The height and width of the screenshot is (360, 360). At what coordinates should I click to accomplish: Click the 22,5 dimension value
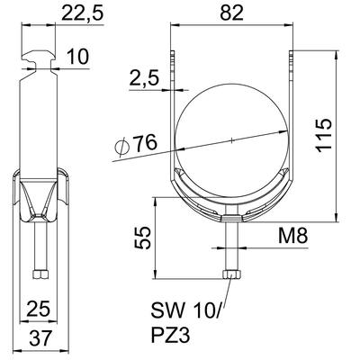(x=82, y=13)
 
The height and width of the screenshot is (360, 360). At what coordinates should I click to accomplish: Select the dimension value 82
(x=231, y=13)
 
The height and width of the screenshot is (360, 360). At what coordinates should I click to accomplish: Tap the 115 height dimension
(x=325, y=135)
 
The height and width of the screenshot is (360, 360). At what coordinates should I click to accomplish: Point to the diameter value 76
(x=145, y=142)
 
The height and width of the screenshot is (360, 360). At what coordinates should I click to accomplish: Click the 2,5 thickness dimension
(x=144, y=78)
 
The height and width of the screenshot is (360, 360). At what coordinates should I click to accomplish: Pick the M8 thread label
(x=292, y=236)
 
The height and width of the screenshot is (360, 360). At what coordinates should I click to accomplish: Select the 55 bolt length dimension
(x=141, y=238)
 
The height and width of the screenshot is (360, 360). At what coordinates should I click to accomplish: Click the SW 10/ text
(x=185, y=311)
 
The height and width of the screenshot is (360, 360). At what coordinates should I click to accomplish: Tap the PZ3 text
(x=170, y=336)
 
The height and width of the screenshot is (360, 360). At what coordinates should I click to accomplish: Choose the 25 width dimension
(x=38, y=309)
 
